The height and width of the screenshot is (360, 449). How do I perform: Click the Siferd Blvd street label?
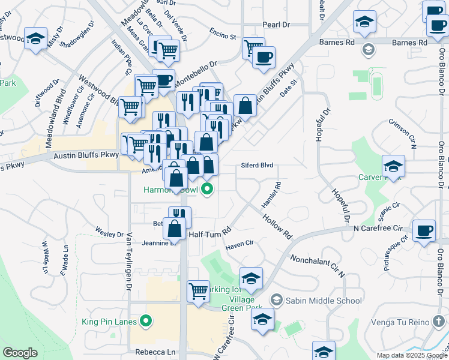click(x=258, y=165)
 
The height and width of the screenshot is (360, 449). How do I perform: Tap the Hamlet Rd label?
click(x=271, y=196)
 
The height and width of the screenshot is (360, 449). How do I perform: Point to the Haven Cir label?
click(x=240, y=246)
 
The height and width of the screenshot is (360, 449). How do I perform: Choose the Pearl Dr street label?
click(x=276, y=25)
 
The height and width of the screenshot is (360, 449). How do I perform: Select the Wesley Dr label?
click(x=109, y=230)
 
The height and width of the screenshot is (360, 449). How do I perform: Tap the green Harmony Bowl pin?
click(x=208, y=190)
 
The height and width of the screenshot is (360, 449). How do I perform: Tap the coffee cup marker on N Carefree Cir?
click(x=424, y=230)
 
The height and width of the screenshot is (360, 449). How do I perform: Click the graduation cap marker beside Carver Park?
click(x=393, y=166)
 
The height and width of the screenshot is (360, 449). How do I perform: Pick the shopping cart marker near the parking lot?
click(x=198, y=292)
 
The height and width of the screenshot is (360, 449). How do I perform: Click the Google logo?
click(x=20, y=353)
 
